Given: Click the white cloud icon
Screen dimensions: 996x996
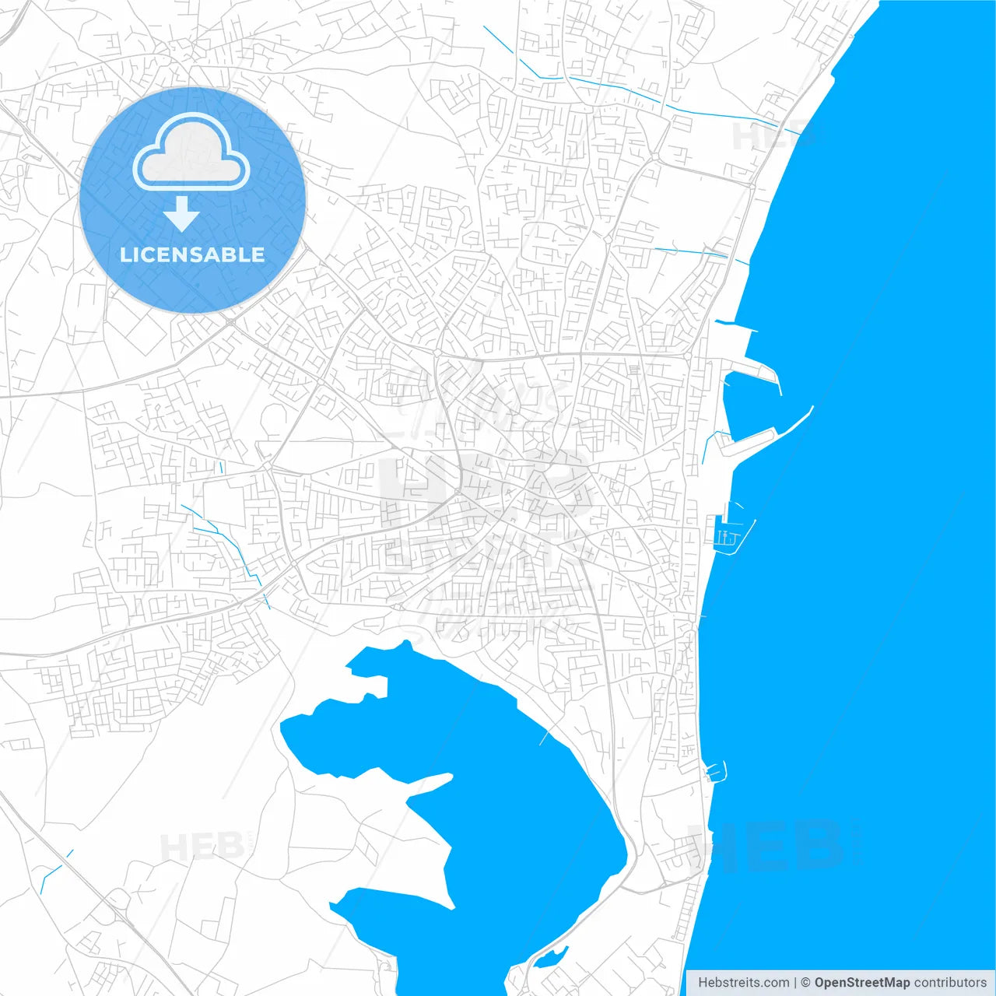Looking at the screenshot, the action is click(x=191, y=154).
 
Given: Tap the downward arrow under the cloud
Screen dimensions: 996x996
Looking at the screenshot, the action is click(x=181, y=214).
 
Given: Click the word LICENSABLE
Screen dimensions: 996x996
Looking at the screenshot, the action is click(x=192, y=254).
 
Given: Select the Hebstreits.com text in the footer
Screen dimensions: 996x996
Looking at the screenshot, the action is click(x=743, y=983).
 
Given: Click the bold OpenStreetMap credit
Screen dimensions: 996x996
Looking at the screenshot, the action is click(x=862, y=983).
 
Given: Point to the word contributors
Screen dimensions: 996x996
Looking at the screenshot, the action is click(x=950, y=983).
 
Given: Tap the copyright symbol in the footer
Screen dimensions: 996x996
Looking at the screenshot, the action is click(x=806, y=983).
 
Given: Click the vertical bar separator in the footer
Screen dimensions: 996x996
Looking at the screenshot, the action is click(x=795, y=983).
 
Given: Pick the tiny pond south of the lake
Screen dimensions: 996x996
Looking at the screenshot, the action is click(x=552, y=956).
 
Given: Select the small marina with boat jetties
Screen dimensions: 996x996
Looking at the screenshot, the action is click(x=731, y=535).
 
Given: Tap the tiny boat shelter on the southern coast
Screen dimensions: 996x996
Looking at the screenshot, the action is click(x=716, y=771).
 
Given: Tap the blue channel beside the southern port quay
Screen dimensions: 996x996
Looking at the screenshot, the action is click(x=707, y=447).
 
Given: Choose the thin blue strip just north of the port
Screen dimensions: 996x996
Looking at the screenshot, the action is click(x=736, y=324).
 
